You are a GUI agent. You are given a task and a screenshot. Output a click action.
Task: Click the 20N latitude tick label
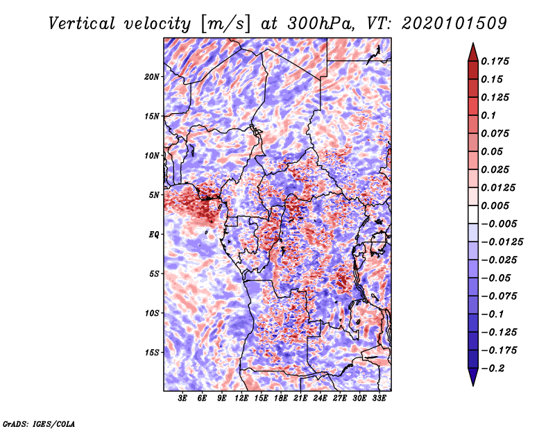click(152, 77)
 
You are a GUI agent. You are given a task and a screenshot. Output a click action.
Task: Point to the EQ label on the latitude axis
click(153, 235)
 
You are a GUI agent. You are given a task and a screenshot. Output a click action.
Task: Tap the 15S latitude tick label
click(152, 353)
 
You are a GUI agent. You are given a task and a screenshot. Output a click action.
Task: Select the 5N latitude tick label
click(154, 195)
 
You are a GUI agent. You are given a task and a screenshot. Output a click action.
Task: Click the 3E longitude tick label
click(182, 398)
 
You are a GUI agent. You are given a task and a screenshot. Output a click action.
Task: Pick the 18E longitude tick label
click(281, 398)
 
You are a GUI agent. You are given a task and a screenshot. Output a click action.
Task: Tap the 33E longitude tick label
click(379, 398)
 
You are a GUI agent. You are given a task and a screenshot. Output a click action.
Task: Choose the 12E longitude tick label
click(241, 398)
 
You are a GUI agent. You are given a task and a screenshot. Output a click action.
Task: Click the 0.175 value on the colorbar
click(495, 61)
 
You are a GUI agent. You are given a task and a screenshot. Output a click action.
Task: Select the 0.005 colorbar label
click(495, 205)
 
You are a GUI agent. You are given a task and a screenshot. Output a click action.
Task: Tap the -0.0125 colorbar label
click(502, 242)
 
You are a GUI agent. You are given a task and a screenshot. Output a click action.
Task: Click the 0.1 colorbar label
click(488, 115)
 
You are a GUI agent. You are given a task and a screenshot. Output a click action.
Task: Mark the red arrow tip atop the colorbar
click(473, 43)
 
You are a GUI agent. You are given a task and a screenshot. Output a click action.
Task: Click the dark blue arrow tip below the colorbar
click(473, 385)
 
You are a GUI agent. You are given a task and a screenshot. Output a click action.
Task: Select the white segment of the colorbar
click(473, 214)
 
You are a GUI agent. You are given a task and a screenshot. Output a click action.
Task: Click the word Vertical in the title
click(82, 24)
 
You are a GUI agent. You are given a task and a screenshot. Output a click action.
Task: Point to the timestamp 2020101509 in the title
click(454, 24)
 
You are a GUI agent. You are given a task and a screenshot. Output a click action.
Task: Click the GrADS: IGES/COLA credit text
click(39, 423)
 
